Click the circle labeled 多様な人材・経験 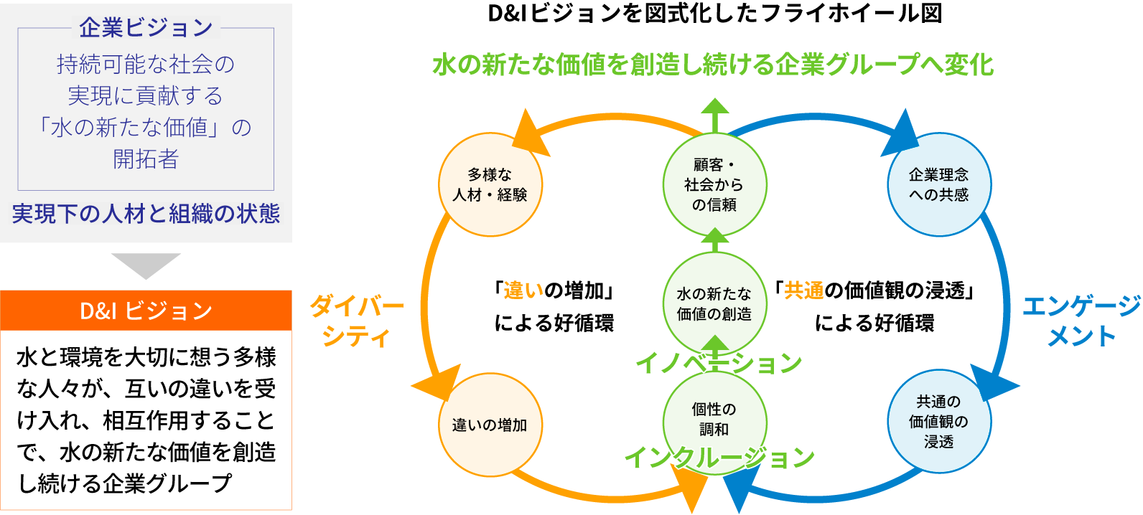(x=490, y=184)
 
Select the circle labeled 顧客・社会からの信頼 (x=714, y=184)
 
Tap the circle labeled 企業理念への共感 (x=939, y=184)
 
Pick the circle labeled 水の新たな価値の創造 (x=714, y=303)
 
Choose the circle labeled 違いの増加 (x=490, y=425)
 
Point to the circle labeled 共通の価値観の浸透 (x=939, y=422)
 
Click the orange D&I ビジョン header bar (x=146, y=311)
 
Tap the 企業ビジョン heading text (x=146, y=28)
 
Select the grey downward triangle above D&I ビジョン (x=146, y=265)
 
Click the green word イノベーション (x=719, y=363)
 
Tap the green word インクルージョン (x=719, y=457)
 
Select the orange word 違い (x=523, y=290)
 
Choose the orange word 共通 (x=804, y=290)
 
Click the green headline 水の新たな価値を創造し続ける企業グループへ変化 (x=713, y=65)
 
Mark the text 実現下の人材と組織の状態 (x=146, y=214)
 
